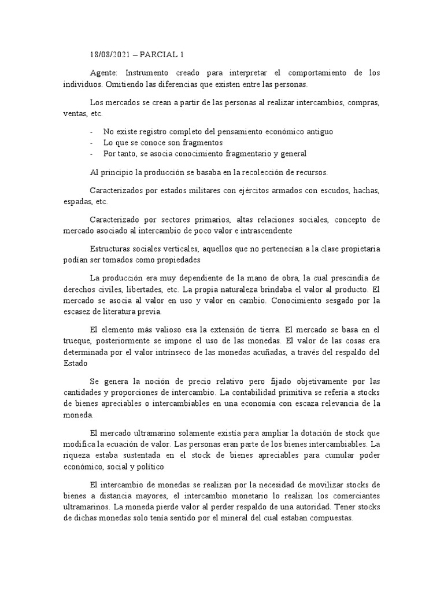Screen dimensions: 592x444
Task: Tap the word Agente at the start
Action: pos(104,73)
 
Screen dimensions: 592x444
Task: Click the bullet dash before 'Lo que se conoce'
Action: pos(92,142)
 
